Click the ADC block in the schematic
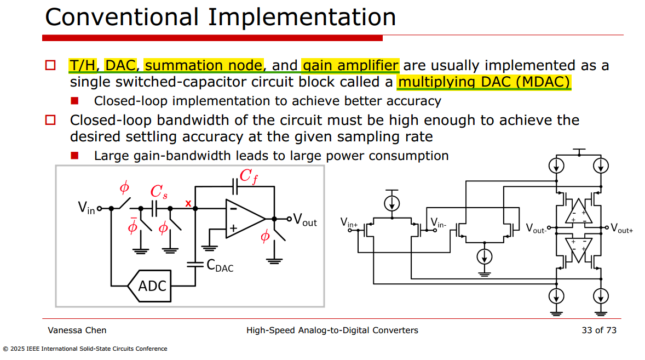point(149,286)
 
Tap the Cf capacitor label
point(249,176)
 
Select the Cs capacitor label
point(159,191)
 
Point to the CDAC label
point(220,266)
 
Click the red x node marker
point(188,203)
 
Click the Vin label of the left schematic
point(87,208)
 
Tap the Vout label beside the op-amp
point(305,220)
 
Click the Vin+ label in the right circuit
point(349,223)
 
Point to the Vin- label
point(438,223)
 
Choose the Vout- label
point(536,228)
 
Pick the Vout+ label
point(621,228)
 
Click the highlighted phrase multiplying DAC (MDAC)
point(484,82)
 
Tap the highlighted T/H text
point(82,65)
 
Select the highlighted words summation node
point(204,65)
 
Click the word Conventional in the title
point(122,18)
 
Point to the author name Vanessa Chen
point(77,330)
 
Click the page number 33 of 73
point(599,330)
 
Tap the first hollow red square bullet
point(50,65)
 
